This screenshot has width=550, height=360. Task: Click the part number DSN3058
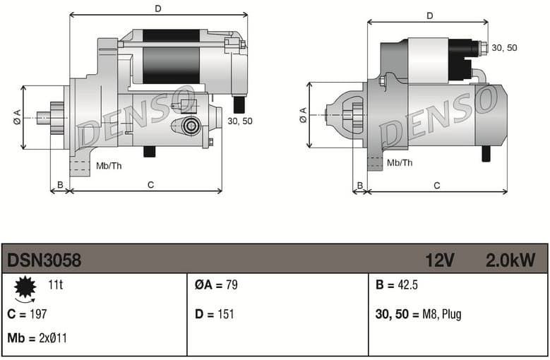[44, 260]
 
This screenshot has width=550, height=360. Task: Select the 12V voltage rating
[439, 260]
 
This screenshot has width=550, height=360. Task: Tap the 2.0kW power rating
[510, 260]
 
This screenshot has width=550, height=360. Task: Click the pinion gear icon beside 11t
[25, 287]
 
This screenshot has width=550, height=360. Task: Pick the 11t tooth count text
[55, 286]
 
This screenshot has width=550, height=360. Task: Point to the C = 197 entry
[27, 314]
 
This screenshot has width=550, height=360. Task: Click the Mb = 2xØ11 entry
[37, 338]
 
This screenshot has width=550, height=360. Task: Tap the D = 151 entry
[214, 314]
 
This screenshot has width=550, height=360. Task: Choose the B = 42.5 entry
[397, 286]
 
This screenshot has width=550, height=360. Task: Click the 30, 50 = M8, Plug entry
[419, 314]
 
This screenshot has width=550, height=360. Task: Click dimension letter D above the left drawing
[158, 8]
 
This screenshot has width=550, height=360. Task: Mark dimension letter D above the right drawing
[429, 16]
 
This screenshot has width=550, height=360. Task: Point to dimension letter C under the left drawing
[150, 185]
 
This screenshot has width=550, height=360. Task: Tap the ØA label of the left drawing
[17, 117]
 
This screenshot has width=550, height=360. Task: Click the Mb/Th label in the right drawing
[400, 163]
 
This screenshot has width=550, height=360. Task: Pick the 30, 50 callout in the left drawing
[240, 121]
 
